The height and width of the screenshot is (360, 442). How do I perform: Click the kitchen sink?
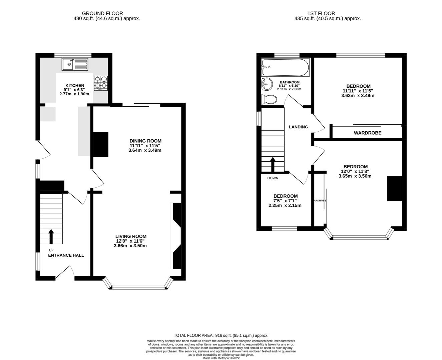pyautogui.click(x=75, y=64)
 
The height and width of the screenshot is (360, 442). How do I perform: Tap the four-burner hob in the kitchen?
pyautogui.click(x=101, y=83)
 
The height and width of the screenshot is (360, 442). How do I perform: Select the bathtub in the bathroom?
pyautogui.click(x=286, y=67)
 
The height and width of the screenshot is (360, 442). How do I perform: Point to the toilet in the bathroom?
pyautogui.click(x=269, y=99)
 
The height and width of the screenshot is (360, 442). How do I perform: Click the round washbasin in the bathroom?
pyautogui.click(x=267, y=84)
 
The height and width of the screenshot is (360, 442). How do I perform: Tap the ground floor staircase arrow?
pyautogui.click(x=51, y=236)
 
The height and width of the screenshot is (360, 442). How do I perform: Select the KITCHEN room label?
pyautogui.click(x=75, y=86)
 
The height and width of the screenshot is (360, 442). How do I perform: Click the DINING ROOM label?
pyautogui.click(x=145, y=141)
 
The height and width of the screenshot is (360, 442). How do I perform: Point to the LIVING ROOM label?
pyautogui.click(x=130, y=236)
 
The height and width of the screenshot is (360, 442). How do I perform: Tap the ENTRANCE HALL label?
pyautogui.click(x=66, y=255)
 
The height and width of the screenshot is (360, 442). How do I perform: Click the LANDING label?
pyautogui.click(x=298, y=127)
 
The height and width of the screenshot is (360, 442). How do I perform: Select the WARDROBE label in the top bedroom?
pyautogui.click(x=367, y=133)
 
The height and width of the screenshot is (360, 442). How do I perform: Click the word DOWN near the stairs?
pyautogui.click(x=273, y=178)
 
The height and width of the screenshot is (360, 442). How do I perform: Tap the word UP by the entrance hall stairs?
pyautogui.click(x=51, y=250)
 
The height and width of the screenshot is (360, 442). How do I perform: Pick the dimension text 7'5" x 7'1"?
pyautogui.click(x=285, y=201)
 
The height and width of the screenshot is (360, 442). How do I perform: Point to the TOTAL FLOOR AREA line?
pyautogui.click(x=221, y=335)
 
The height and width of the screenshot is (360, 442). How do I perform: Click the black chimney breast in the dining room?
pyautogui.click(x=100, y=145)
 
